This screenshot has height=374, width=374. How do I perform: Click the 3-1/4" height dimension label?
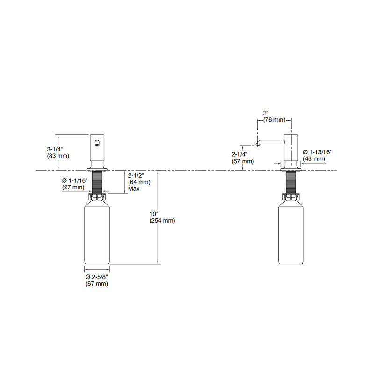coord(55,149)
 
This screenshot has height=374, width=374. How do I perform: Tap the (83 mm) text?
coord(58,156)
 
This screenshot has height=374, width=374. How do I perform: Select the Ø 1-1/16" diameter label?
coord(75,180)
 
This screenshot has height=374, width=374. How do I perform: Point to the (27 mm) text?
coord(73,187)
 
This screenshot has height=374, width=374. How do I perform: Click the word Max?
coord(134,189)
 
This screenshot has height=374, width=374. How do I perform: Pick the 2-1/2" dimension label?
coord(136,176)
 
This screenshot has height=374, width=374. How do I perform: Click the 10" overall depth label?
coord(154,214)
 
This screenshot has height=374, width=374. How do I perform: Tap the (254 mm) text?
coord(162,221)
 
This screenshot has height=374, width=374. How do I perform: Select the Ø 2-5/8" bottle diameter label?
coord(97,277)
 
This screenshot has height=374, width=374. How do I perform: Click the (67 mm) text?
coord(97,284)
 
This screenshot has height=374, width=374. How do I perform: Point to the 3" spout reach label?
coord(266,113)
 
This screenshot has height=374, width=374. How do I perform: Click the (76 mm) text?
coord(274,120)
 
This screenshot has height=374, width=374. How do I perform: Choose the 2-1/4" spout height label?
coord(239,154)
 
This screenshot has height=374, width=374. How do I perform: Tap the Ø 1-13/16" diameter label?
coord(317,152)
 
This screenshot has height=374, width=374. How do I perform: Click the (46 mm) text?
coord(314,158)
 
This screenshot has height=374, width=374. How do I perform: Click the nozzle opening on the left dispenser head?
coord(97,143)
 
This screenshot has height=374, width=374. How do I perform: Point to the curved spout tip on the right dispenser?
coord(257,144)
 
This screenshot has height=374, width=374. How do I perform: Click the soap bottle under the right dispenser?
coord(291,232)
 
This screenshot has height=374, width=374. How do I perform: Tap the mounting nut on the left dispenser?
coord(97,197)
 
